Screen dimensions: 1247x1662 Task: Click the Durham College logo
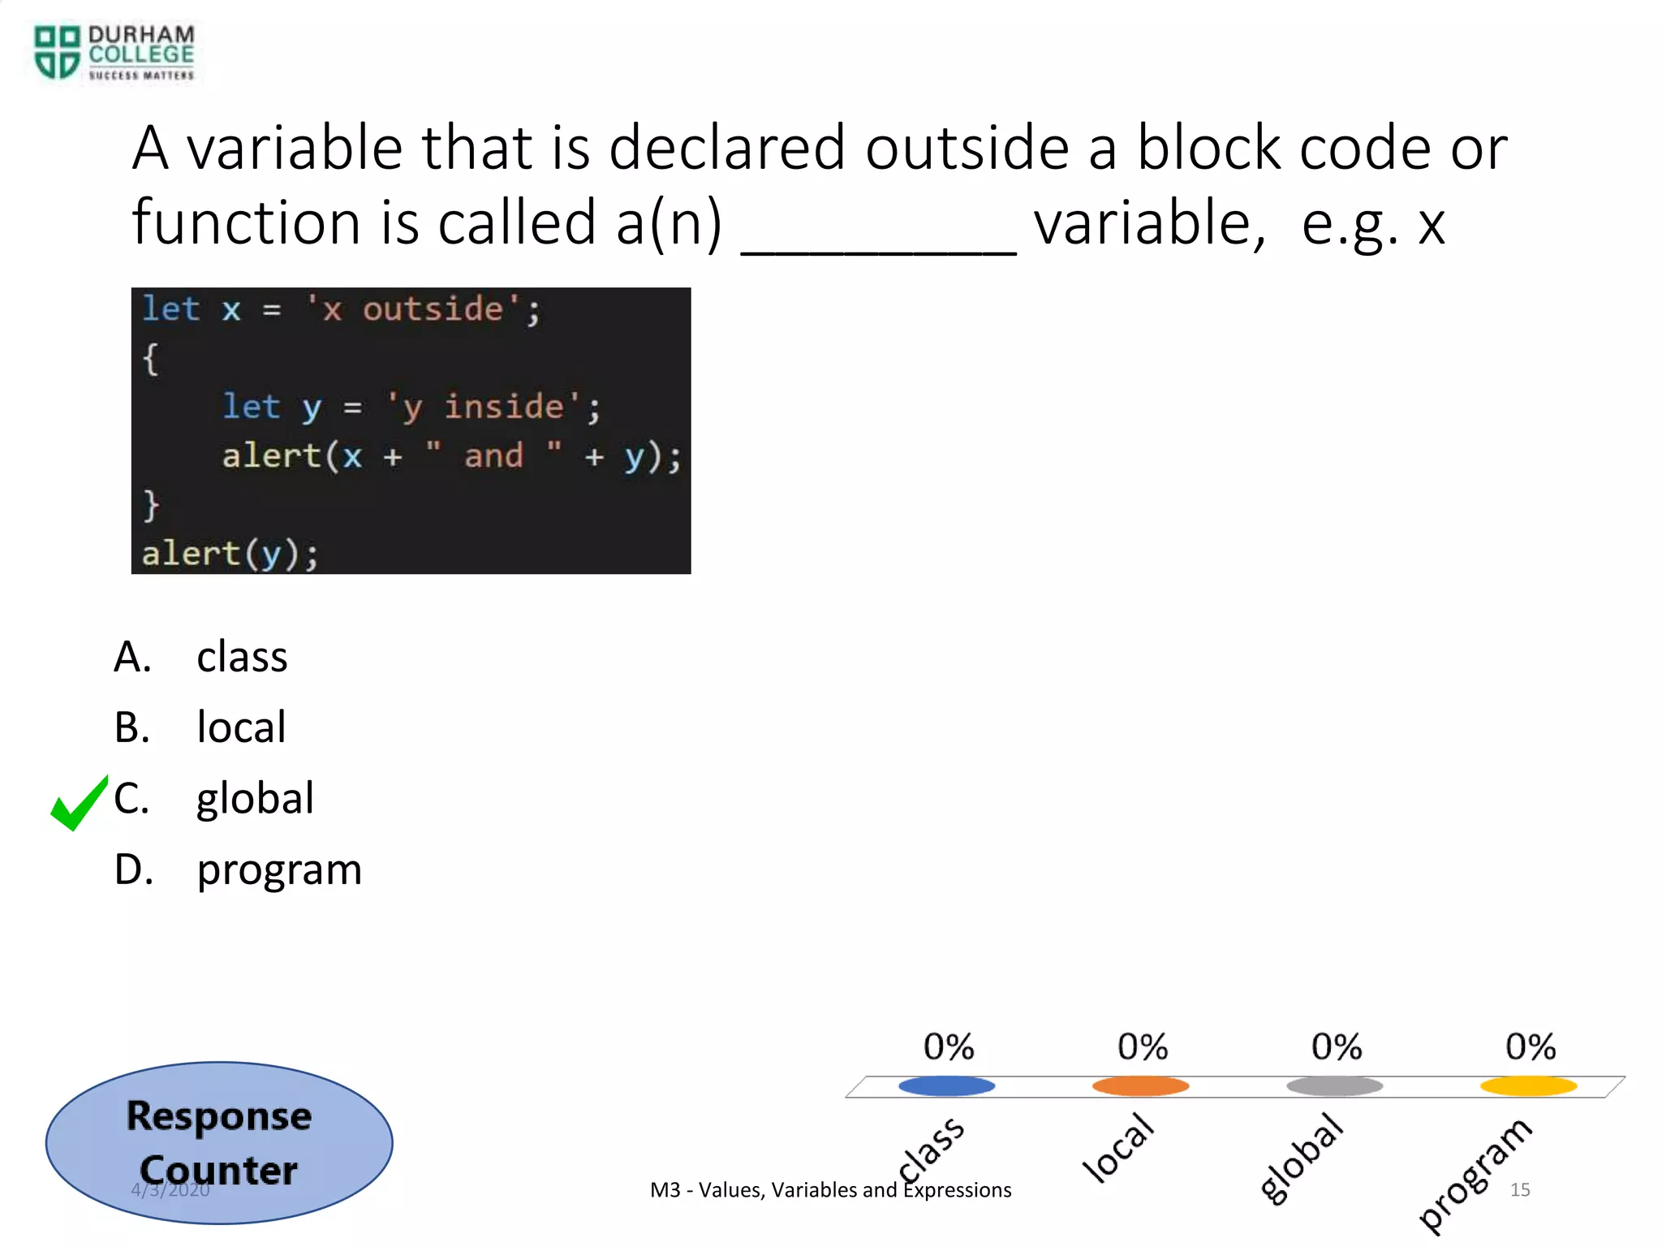click(114, 52)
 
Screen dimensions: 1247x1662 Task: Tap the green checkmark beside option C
click(79, 804)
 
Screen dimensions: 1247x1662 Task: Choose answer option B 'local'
click(241, 727)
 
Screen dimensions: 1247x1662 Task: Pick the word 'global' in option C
click(255, 798)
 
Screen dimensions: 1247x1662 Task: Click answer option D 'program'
click(279, 869)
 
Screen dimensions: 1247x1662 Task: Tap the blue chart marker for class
click(946, 1085)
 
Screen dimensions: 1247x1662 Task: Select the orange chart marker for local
click(1140, 1085)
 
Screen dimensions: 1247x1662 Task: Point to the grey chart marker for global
click(1334, 1085)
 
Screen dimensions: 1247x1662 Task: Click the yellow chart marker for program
click(1528, 1085)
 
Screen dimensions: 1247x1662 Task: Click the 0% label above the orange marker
click(1142, 1046)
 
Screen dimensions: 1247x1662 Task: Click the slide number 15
click(1519, 1189)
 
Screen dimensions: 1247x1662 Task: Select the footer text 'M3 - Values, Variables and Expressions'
click(830, 1190)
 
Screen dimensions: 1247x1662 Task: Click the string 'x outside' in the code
click(413, 309)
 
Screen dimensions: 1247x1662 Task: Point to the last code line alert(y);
click(230, 554)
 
